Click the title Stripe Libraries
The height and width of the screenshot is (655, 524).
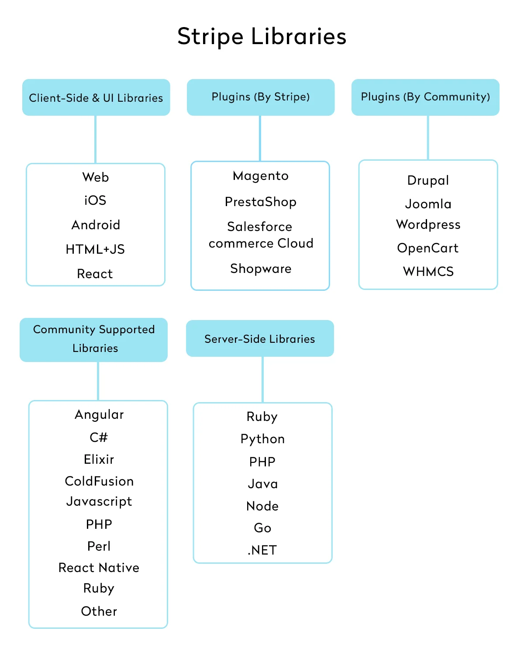pos(262,36)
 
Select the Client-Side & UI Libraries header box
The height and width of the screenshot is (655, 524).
pos(96,97)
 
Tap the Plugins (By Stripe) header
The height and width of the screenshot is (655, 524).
pos(261,97)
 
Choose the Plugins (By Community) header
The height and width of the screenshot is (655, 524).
pos(425,97)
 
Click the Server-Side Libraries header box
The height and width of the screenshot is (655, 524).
pos(260,339)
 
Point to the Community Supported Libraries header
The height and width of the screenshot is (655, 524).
pos(94,339)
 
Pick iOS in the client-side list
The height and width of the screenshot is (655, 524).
pos(95,200)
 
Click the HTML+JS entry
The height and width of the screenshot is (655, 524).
pos(95,249)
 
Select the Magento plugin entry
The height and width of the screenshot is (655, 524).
pos(261,176)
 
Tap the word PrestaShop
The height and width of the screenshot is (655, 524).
pos(261,202)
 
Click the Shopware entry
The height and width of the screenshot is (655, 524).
pos(261,269)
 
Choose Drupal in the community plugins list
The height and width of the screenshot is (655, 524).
pos(428,180)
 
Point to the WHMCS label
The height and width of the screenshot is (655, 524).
pos(428,272)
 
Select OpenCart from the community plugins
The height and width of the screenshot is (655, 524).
pos(428,248)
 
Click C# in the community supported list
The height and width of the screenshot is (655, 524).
pos(99,437)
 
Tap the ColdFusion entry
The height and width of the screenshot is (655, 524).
pos(99,481)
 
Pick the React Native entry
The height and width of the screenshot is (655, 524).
pos(99,568)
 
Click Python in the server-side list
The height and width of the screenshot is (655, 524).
pos(262,439)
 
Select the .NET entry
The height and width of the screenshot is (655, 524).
pos(262,550)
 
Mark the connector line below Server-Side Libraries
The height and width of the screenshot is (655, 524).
pos(262,379)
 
